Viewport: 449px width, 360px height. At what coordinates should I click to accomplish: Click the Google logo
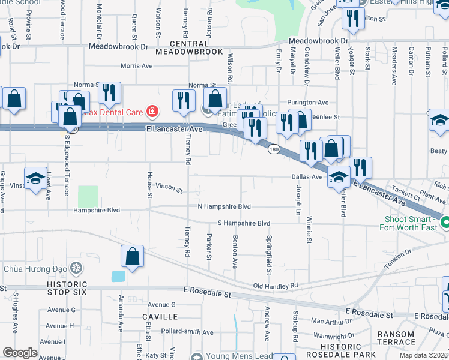coord(20,353)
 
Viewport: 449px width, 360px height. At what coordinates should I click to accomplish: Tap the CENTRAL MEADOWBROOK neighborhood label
coord(188,48)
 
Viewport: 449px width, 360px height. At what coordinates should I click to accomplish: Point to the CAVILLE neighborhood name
coord(160,316)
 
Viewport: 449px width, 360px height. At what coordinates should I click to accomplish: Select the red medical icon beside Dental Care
coord(152,112)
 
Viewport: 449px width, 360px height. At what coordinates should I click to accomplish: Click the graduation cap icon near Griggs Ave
coord(36,178)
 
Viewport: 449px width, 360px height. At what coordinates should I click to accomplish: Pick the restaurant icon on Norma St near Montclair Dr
coord(109,92)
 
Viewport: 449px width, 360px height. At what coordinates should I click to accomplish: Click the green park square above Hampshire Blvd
coord(88,196)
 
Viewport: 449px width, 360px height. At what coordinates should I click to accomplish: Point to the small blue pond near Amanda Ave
coord(118,276)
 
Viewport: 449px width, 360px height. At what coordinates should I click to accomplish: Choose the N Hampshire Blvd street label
coord(224,206)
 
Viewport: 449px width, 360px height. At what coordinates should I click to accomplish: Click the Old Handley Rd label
coord(276,286)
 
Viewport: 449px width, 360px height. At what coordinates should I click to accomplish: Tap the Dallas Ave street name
coord(307,177)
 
